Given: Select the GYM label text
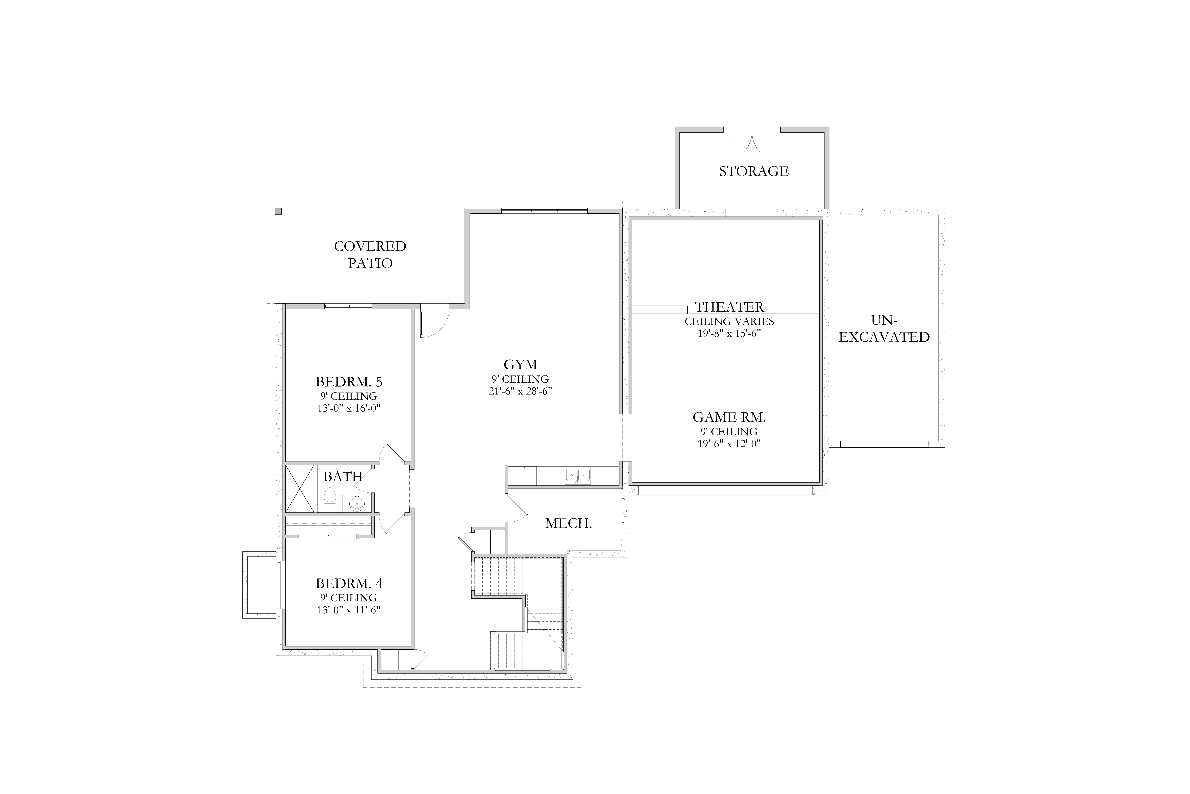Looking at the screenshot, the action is pyautogui.click(x=520, y=365).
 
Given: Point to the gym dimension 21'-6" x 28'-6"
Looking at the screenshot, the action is pyautogui.click(x=520, y=391).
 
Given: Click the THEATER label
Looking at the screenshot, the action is pyautogui.click(x=729, y=307).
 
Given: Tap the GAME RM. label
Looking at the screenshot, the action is pyautogui.click(x=729, y=417).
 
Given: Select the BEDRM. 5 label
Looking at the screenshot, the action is pyautogui.click(x=349, y=381).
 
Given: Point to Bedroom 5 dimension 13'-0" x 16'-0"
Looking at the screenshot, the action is pyautogui.click(x=349, y=408).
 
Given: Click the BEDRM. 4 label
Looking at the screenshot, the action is pyautogui.click(x=349, y=583).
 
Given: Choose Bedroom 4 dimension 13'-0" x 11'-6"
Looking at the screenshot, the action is pyautogui.click(x=349, y=610).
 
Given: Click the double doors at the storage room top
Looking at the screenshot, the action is pyautogui.click(x=752, y=141).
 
